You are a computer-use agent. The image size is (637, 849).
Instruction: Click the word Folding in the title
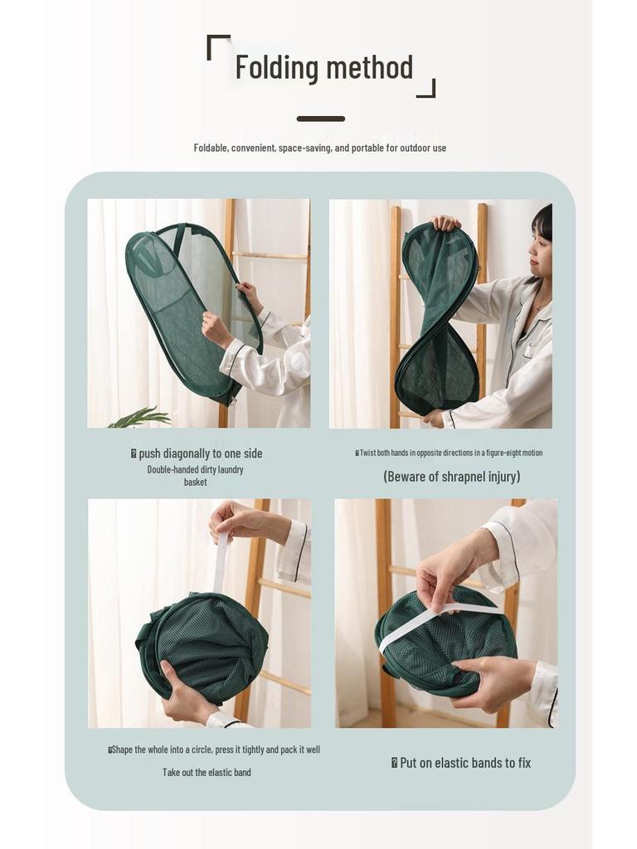coord(277,68)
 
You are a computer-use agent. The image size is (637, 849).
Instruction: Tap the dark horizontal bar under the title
coord(321,119)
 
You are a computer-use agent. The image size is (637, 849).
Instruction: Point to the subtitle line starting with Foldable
coord(320,148)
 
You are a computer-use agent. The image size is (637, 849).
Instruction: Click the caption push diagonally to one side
coord(201,454)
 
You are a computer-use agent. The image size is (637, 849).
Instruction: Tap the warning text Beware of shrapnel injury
coord(452,477)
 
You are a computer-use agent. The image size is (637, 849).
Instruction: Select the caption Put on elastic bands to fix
coord(465,763)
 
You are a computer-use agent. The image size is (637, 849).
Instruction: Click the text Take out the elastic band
coord(207,773)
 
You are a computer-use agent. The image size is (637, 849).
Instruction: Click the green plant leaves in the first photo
coord(141,418)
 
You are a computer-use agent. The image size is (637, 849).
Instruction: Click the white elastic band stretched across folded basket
coord(439,623)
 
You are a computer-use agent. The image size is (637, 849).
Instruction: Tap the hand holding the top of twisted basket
coord(445,222)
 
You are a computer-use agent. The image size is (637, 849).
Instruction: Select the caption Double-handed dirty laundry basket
coord(196,475)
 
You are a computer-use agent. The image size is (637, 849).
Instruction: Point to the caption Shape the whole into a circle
coord(216,750)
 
